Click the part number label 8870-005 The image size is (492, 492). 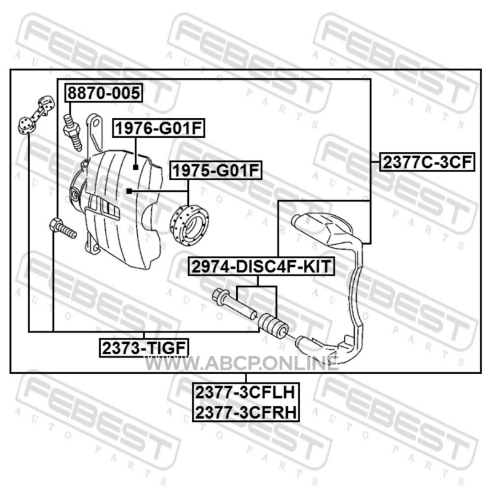click(104, 93)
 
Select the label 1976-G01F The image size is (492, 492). click(159, 128)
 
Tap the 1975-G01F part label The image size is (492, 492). click(216, 170)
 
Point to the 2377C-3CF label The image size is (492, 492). click(427, 162)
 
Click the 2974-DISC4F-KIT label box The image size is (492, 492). click(261, 266)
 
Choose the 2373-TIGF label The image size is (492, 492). click(144, 347)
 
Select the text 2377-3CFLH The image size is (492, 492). click(245, 392)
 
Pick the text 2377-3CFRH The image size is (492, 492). click(245, 412)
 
